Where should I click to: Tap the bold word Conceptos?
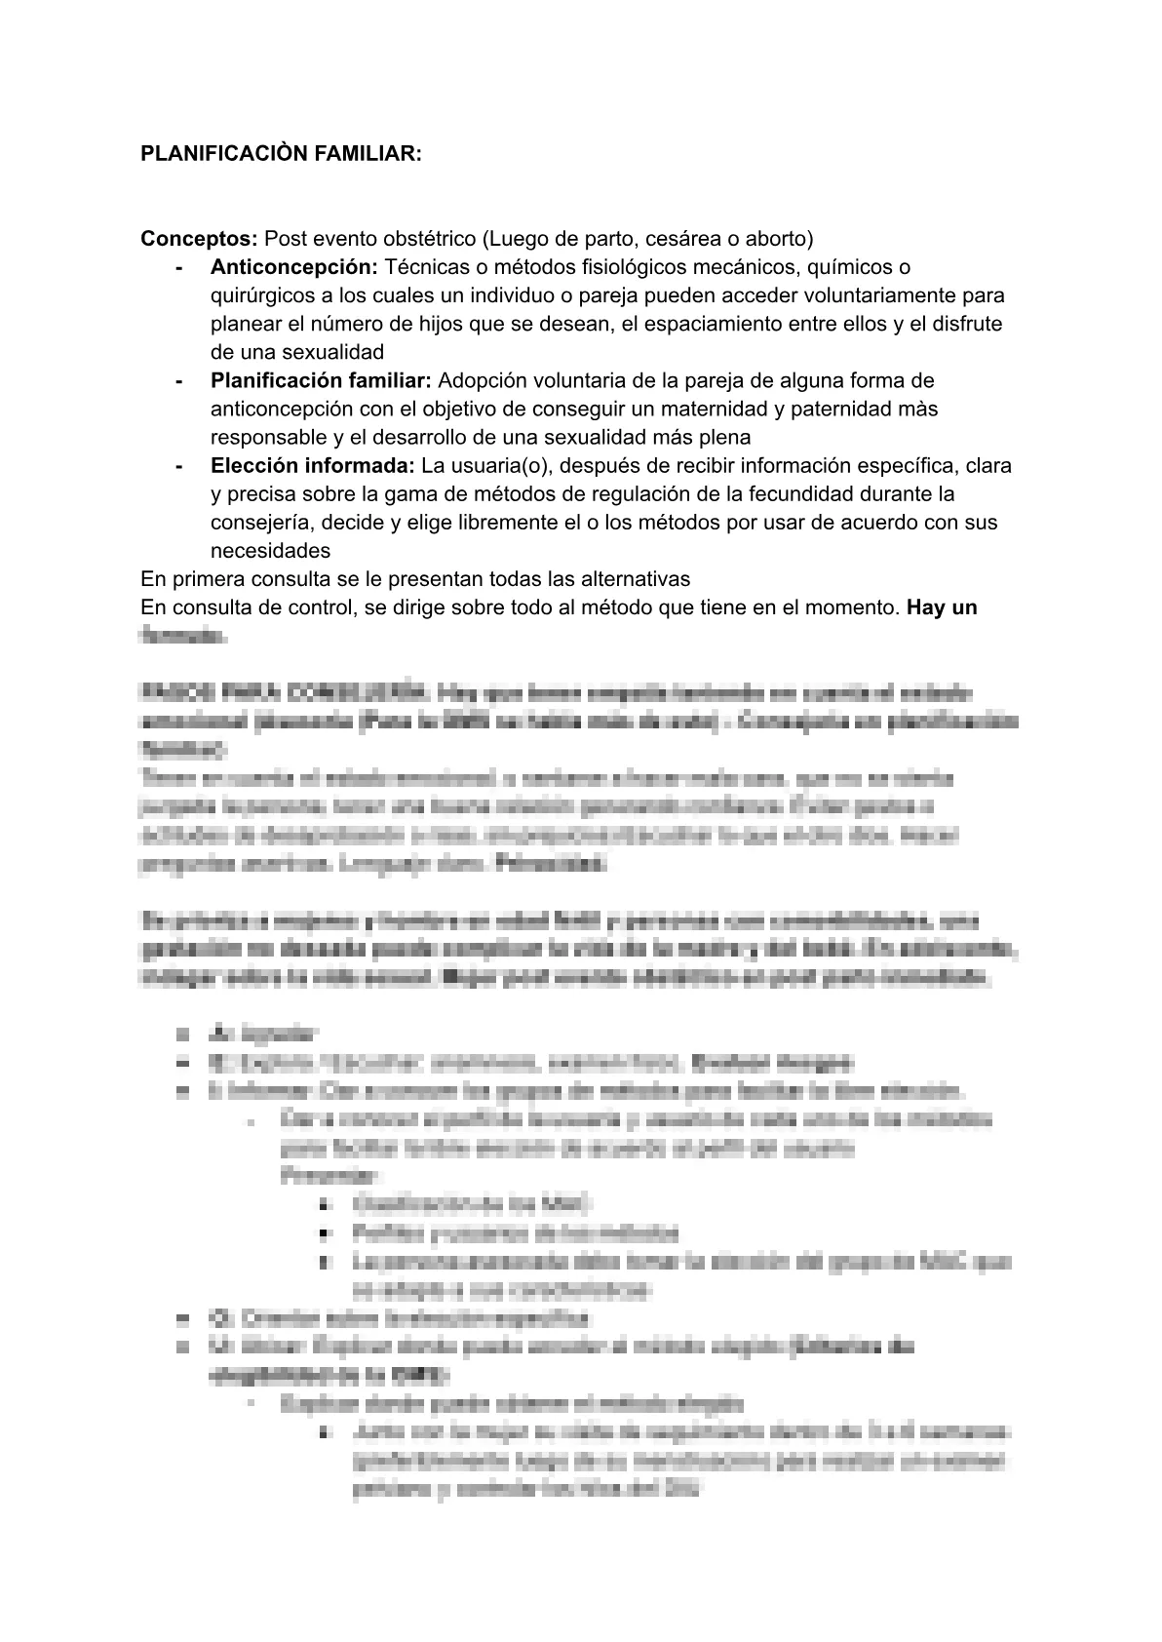[199, 239]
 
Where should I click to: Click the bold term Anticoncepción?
[293, 267]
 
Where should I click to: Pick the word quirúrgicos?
[261, 295]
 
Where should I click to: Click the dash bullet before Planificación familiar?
[177, 380]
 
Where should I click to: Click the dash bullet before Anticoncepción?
[177, 267]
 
